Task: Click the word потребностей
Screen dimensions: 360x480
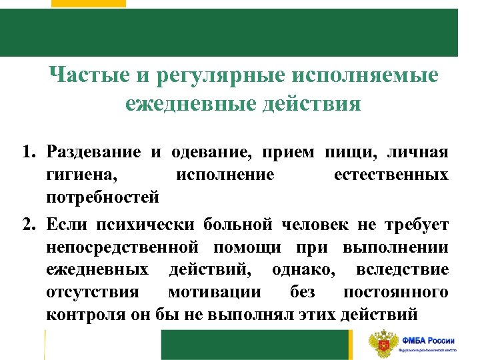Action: (103, 197)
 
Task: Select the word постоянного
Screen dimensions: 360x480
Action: (396, 292)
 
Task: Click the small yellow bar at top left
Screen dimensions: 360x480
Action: (98, 3)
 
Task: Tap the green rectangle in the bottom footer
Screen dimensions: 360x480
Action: (256, 345)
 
